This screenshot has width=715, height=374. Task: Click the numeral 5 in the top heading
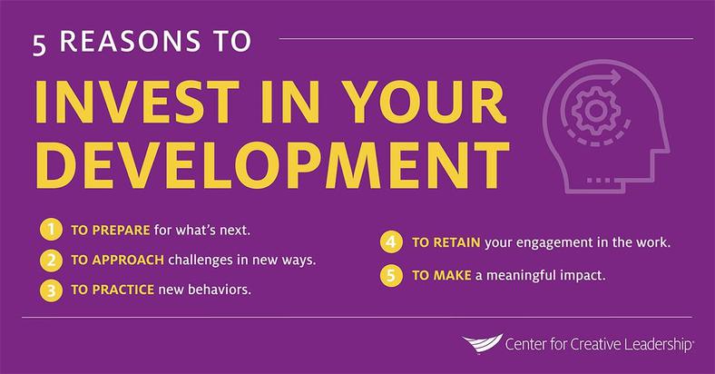point(40,45)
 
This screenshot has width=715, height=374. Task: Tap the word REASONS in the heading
point(130,41)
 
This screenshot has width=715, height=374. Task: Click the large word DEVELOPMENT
point(272,165)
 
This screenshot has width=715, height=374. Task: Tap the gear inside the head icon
point(594,110)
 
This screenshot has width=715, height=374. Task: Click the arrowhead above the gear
point(615,76)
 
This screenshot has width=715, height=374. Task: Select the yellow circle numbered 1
point(51,230)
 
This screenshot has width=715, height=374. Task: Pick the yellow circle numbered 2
point(51,260)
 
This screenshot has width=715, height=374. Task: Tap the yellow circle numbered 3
point(51,290)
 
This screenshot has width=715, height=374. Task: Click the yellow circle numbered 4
point(391,242)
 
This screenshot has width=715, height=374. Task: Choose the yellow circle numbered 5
point(391,275)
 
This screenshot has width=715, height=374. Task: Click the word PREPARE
point(121,230)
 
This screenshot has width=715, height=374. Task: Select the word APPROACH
point(128,260)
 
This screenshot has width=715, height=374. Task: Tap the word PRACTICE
point(123,290)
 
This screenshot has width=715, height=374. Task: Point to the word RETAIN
point(456,242)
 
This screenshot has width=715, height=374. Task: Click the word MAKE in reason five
point(453,275)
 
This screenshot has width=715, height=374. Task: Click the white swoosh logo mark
point(482,343)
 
